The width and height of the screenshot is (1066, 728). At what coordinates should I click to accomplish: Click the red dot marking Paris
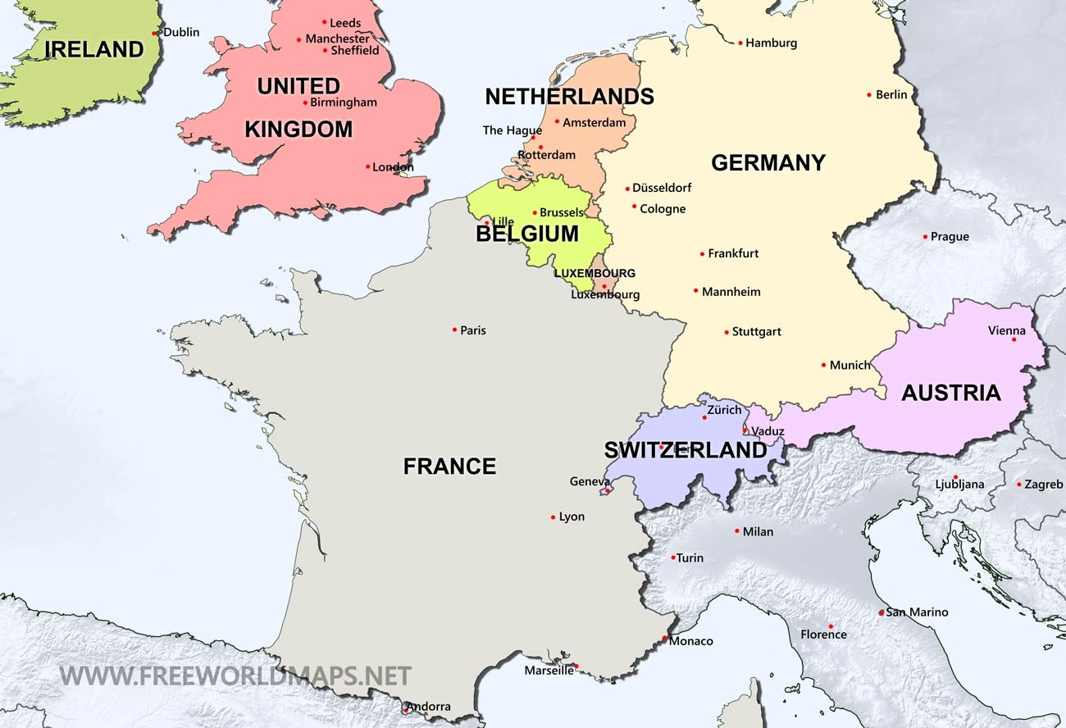(x=454, y=330)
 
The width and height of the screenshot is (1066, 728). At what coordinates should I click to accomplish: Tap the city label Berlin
(x=891, y=95)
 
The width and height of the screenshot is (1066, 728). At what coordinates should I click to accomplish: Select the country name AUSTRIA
(x=950, y=393)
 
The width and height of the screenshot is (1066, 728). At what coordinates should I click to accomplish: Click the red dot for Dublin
(x=155, y=33)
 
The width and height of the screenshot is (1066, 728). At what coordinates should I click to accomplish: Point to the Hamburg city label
(x=771, y=43)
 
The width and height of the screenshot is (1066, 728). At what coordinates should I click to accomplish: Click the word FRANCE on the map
(x=449, y=466)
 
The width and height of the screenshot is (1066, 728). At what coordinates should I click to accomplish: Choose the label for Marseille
(x=549, y=671)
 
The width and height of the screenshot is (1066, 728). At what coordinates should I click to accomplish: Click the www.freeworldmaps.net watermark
(x=235, y=676)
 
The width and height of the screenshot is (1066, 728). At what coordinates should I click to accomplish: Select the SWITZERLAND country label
(x=685, y=450)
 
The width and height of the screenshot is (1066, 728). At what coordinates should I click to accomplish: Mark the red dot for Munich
(x=823, y=365)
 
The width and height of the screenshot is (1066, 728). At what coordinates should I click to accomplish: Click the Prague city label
(x=950, y=237)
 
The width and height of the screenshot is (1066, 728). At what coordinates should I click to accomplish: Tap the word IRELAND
(x=93, y=49)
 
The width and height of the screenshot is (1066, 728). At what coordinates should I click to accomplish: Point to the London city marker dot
(x=367, y=166)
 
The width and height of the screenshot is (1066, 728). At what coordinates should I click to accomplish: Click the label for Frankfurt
(x=733, y=254)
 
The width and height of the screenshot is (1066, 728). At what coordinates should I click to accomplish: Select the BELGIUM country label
(x=526, y=234)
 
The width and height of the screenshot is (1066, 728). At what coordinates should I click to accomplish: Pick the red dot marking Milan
(x=737, y=531)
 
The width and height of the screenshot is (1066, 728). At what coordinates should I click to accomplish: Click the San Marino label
(x=917, y=612)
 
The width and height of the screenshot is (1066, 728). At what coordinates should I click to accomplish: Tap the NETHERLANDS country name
(x=569, y=97)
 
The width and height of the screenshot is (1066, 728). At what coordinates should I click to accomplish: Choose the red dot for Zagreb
(x=1019, y=485)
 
